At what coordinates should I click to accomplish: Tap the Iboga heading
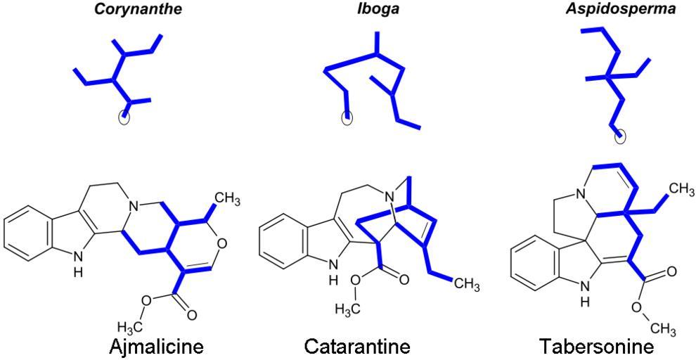[377, 10]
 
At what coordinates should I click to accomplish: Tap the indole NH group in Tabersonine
[584, 290]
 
